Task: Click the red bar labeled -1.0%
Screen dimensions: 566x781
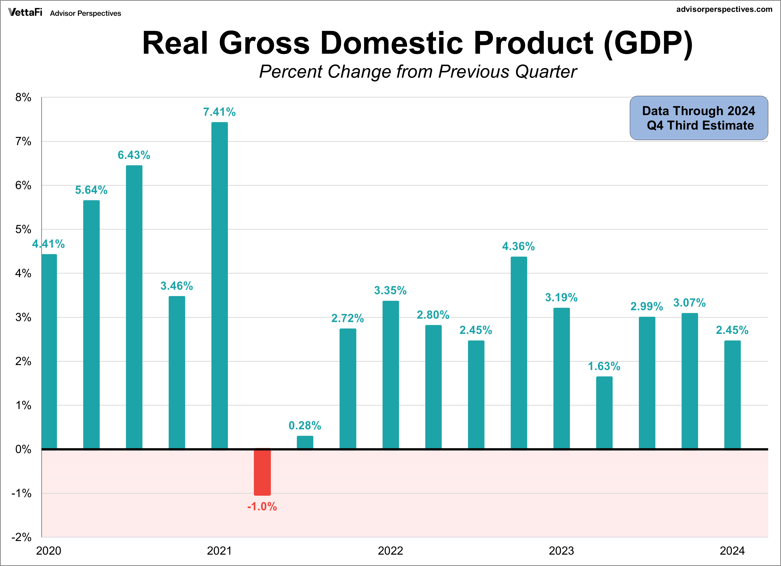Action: pos(262,472)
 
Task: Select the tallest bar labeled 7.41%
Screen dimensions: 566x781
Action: pos(219,285)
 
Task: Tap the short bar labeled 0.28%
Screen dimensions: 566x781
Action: pos(305,442)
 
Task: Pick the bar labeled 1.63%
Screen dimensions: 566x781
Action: pos(604,413)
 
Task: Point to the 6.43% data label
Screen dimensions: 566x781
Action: pos(134,155)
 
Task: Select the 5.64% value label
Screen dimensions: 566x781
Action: pos(91,190)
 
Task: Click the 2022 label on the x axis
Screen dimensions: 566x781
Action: pos(390,551)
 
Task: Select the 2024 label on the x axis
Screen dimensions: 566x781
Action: pos(732,551)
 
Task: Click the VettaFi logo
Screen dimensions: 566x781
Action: pos(25,12)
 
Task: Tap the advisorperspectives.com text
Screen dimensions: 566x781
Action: pos(724,9)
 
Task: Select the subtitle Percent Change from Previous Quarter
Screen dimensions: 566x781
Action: pos(418,72)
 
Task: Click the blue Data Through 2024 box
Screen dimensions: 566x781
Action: pos(699,118)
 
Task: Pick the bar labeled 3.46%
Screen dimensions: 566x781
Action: pos(177,372)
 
